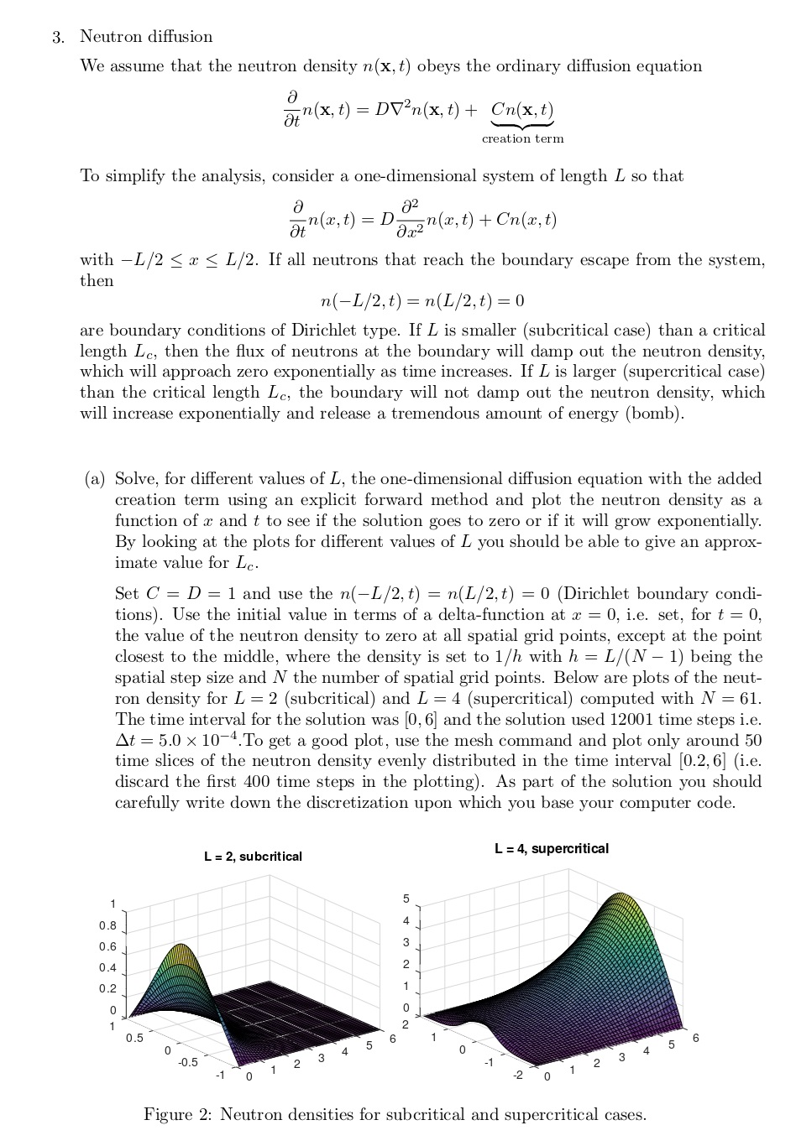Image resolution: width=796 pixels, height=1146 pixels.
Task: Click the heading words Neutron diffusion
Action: (146, 37)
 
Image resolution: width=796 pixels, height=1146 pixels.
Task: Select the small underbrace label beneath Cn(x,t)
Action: (522, 138)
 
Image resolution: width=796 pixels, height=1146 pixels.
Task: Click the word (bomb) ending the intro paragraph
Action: (655, 413)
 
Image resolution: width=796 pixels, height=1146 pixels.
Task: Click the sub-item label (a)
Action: (95, 479)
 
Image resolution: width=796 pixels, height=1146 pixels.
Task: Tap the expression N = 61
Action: (730, 698)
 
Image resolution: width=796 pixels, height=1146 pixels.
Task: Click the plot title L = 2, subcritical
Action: (253, 857)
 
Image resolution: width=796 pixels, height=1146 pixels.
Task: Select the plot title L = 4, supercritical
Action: (552, 848)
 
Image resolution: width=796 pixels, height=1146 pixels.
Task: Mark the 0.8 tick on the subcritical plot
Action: (107, 926)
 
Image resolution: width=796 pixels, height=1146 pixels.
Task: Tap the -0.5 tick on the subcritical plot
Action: (187, 1062)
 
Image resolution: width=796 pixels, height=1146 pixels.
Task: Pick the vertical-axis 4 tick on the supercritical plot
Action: (406, 920)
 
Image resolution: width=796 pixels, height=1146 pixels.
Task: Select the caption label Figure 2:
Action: (179, 1115)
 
